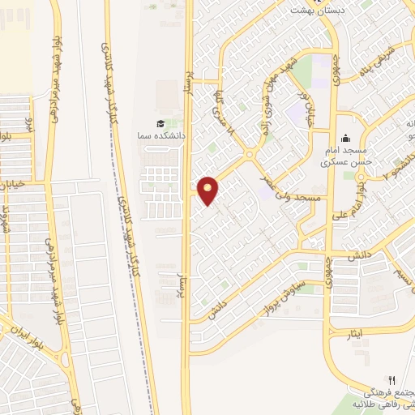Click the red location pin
[208, 189]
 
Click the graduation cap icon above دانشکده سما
[160, 123]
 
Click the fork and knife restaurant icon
[392, 379]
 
